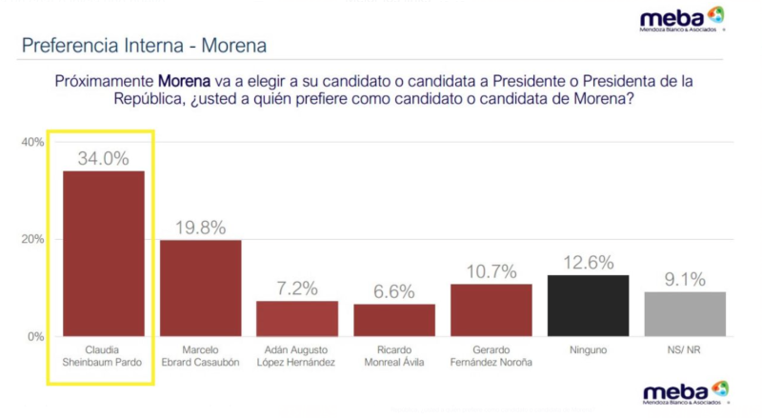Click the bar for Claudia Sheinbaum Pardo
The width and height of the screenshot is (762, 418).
(104, 253)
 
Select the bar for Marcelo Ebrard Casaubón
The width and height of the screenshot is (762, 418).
(200, 288)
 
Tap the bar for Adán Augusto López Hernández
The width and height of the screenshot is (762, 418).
(297, 318)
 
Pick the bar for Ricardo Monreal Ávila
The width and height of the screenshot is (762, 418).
(394, 320)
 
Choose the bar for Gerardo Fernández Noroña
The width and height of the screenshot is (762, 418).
(491, 309)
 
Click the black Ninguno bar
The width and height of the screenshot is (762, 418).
(588, 305)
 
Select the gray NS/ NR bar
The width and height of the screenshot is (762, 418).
(685, 313)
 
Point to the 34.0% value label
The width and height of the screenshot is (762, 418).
(104, 159)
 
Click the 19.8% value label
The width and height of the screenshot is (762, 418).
(200, 228)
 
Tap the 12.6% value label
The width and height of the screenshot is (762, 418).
(588, 263)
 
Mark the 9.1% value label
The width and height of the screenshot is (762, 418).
(685, 280)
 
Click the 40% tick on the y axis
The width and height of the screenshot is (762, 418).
(32, 142)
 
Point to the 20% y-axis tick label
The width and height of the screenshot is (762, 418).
(32, 239)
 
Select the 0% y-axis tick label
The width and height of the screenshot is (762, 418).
(35, 336)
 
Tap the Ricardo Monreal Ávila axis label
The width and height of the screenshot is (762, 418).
(394, 355)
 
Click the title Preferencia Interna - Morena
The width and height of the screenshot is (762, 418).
(144, 45)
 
